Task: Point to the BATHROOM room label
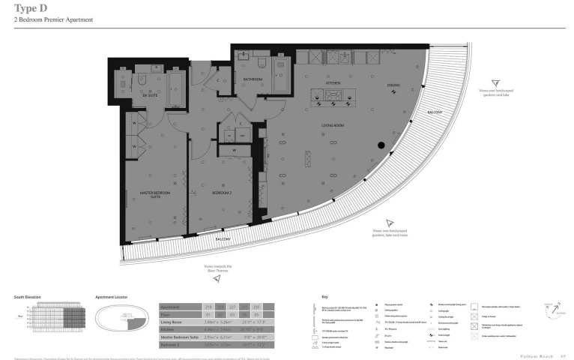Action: pos(247,78)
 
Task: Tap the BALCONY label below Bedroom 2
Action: pos(223,239)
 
